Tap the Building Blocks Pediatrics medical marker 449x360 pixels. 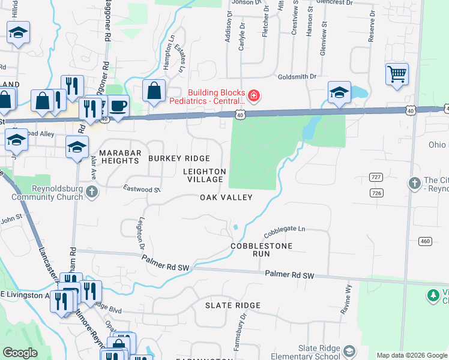254,96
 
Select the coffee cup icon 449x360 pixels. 118,106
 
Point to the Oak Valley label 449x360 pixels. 226,197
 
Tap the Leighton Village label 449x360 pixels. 205,175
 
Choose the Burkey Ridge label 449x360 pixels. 179,158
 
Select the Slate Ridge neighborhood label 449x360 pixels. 233,305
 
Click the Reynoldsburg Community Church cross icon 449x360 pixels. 91,191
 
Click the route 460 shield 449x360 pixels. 426,241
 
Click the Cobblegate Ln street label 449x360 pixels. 285,230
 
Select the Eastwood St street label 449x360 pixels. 141,189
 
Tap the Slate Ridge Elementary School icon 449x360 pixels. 349,351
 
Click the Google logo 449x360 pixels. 20,353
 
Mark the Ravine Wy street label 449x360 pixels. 347,296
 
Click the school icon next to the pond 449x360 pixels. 339,93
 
